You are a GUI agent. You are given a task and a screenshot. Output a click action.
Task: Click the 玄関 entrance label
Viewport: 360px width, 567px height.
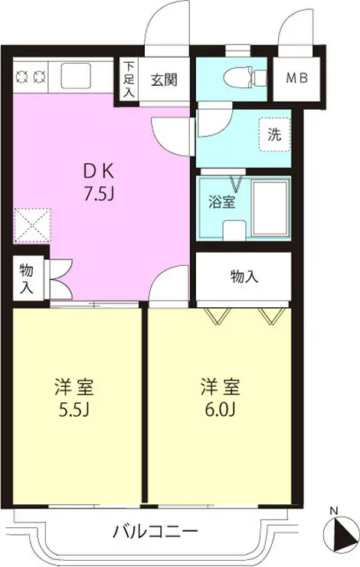coord(164,79)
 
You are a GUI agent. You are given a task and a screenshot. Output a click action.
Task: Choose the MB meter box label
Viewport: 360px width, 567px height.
coord(297,78)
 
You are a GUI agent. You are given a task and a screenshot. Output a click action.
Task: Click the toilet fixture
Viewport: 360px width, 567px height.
coord(246,77)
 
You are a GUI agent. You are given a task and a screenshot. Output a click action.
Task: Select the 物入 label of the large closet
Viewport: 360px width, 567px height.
coord(244,277)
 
